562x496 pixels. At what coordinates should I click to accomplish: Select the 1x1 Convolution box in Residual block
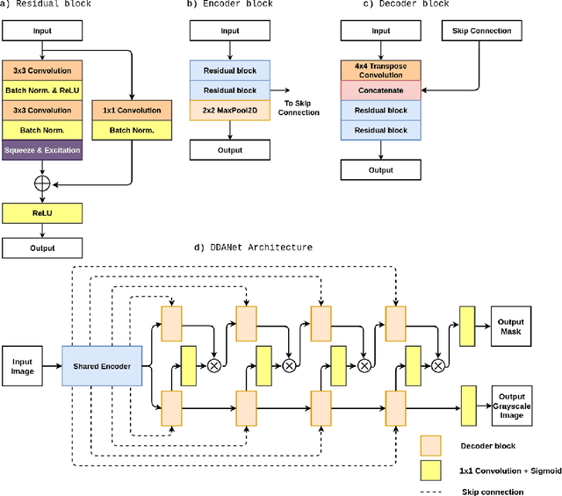132,111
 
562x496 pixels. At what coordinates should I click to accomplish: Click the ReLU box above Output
43,212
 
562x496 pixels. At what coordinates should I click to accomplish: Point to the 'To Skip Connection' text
298,108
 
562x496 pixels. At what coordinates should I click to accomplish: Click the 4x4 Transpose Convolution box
380,71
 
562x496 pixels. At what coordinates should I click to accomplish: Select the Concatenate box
380,91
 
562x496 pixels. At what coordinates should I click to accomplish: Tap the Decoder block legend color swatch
431,447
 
